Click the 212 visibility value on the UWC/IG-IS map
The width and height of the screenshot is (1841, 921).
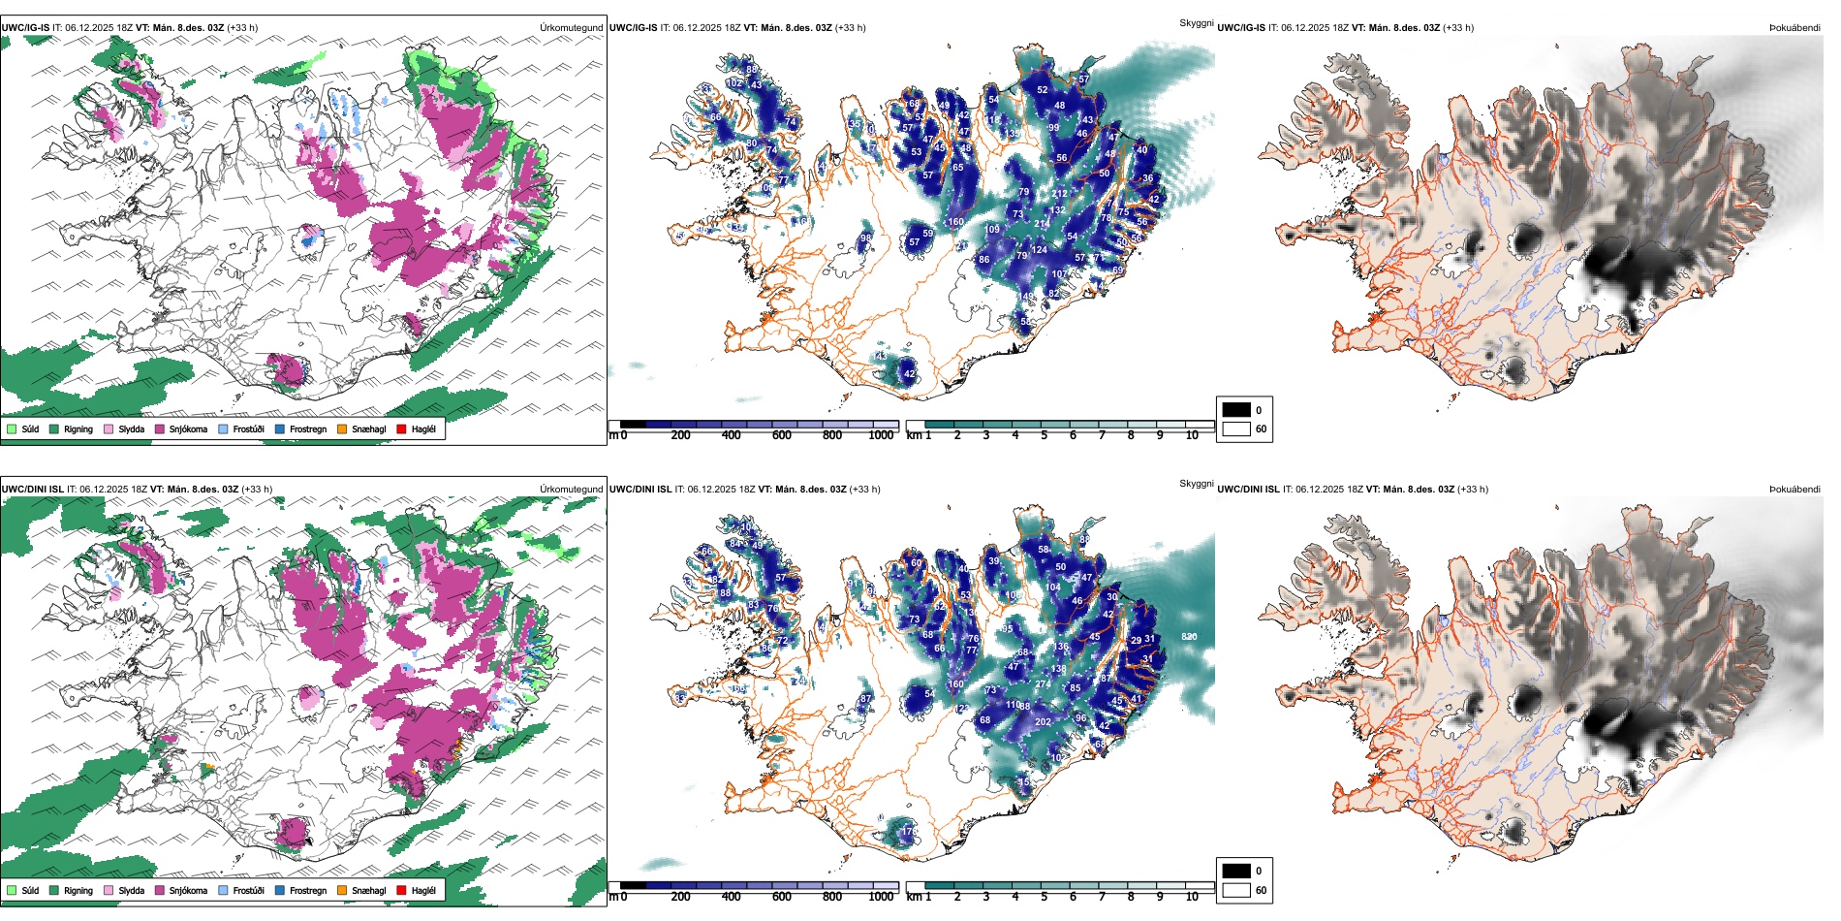coord(1059,194)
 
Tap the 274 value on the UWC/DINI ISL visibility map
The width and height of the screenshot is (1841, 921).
coord(1043,684)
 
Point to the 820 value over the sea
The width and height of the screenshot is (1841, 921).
coord(1189,637)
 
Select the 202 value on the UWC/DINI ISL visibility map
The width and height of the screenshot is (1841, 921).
coord(1043,722)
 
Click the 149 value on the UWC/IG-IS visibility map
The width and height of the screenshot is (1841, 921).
coord(1025,297)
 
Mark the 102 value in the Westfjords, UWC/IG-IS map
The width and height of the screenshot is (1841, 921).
coord(734,83)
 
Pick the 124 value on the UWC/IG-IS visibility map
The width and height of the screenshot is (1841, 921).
coord(1039,250)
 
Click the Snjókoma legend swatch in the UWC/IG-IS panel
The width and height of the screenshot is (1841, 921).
coord(160,429)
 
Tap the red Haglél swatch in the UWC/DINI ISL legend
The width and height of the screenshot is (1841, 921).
coord(401,890)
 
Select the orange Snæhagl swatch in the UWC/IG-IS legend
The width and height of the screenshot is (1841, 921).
coord(342,429)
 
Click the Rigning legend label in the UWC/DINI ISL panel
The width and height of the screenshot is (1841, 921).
coord(78,890)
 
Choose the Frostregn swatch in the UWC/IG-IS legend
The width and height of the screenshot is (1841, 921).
coord(280,429)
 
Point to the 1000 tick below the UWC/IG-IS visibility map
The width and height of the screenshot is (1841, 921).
coord(881,435)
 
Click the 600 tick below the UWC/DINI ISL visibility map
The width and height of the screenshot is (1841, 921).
coord(782,897)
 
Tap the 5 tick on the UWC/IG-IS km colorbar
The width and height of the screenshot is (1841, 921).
coord(1044,435)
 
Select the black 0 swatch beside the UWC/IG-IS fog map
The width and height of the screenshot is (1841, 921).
coord(1236,410)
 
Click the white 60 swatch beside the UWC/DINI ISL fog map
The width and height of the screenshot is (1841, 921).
coord(1236,890)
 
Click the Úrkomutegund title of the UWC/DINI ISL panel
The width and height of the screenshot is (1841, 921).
coord(571,490)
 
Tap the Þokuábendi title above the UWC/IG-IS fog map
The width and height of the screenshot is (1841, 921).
coord(1794,28)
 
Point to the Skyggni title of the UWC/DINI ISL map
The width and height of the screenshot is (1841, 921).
coord(1196,484)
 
